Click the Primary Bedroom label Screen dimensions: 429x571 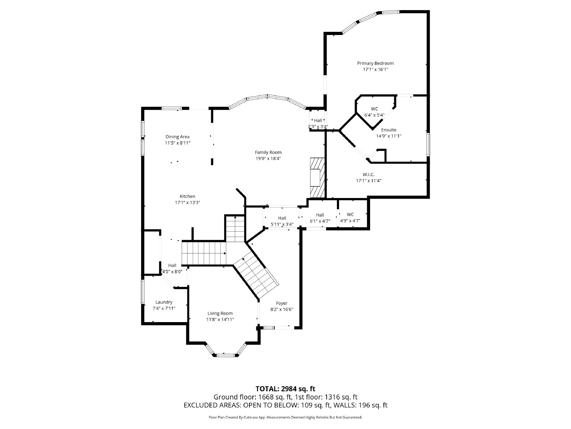pos(375,63)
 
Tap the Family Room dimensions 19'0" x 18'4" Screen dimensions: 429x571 pos(268,158)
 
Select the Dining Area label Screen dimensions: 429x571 pos(177,137)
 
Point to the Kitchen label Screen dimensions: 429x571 pos(187,196)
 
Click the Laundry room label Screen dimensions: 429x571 pos(164,302)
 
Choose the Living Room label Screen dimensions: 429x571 pos(220,313)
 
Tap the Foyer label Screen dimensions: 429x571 pos(282,303)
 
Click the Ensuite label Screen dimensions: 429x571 pos(389,130)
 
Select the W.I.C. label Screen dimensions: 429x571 pos(369,174)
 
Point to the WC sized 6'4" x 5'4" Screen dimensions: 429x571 pos(374,109)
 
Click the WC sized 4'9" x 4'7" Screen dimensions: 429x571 pos(350,214)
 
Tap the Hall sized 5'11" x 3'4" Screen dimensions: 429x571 pos(282,218)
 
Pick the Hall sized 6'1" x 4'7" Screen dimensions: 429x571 pos(320,215)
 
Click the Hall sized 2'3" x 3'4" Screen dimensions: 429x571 pos(318,120)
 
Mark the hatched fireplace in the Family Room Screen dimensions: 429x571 pos(317,178)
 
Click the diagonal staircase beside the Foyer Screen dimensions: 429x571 pos(256,275)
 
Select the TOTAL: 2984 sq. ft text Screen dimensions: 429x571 pos(285,389)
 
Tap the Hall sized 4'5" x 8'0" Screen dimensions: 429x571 pos(172,265)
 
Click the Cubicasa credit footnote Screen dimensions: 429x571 pos(285,417)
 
